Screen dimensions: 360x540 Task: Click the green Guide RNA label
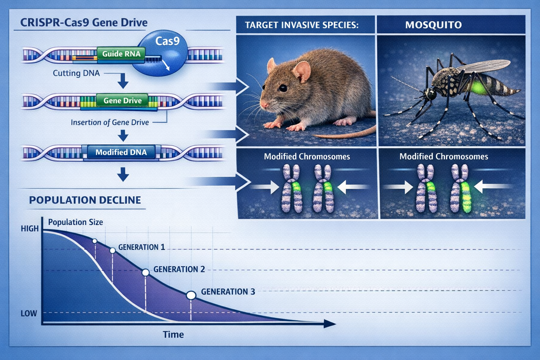coord(121,54)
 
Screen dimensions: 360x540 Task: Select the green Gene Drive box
coord(122,101)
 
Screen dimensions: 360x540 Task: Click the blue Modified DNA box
coord(121,152)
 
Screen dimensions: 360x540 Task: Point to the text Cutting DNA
coord(76,73)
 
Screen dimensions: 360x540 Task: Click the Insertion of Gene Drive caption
coord(110,122)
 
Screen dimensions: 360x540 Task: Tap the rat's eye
coord(282,88)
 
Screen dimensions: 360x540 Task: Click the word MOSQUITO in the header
coord(433,25)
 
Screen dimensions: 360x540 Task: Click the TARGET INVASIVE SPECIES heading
coord(302,25)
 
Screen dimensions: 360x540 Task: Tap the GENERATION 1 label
coord(141,247)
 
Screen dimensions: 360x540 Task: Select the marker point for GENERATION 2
coord(145,272)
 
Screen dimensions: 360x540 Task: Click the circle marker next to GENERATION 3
coord(191,295)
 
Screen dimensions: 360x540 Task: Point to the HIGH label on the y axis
coord(30,229)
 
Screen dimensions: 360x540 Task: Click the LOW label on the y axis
coord(29,313)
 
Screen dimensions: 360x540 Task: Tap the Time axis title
coord(173,334)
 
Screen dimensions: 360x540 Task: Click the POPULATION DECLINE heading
coord(85,200)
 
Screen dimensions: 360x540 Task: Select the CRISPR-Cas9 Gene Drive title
coord(84,22)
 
